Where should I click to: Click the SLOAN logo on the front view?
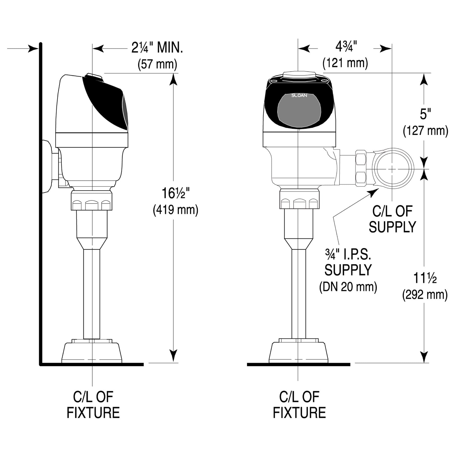tap(299, 95)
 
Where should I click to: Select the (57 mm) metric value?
tap(157, 65)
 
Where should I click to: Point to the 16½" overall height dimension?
tap(176, 194)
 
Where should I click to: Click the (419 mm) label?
tap(176, 210)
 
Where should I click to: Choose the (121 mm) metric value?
tap(345, 63)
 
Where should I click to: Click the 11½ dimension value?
tap(425, 278)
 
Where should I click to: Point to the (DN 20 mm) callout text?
tap(348, 287)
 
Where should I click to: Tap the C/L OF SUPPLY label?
tap(392, 219)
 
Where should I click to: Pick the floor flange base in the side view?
tap(92, 351)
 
